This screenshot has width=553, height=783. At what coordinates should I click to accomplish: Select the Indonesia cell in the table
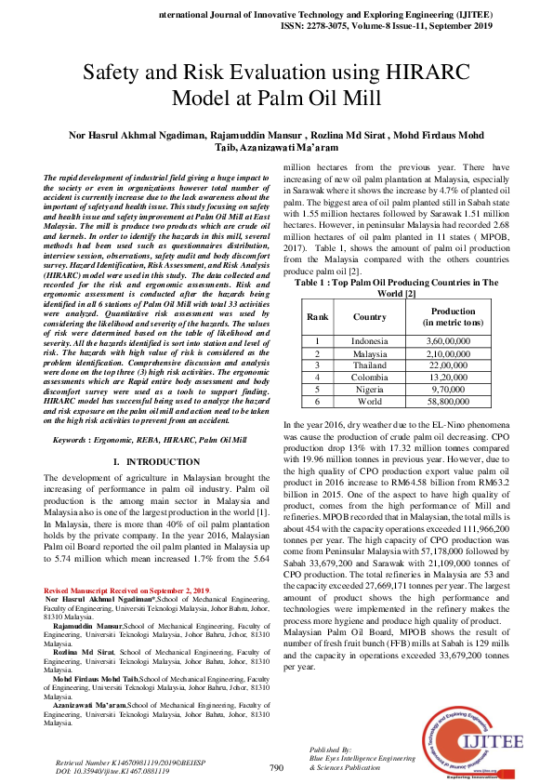[x=369, y=341]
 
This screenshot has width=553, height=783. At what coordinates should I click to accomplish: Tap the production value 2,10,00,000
[x=454, y=354]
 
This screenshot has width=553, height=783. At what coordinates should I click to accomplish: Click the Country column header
[x=369, y=317]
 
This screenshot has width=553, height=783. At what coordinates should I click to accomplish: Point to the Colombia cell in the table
[x=369, y=378]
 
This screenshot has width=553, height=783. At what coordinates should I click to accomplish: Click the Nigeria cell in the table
[x=369, y=391]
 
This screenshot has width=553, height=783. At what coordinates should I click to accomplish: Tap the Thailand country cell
[x=369, y=366]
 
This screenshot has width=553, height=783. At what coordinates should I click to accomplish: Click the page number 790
[x=276, y=768]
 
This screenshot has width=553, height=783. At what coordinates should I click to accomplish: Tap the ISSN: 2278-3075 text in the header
[x=327, y=28]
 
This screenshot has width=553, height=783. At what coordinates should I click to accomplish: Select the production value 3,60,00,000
[x=454, y=341]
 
